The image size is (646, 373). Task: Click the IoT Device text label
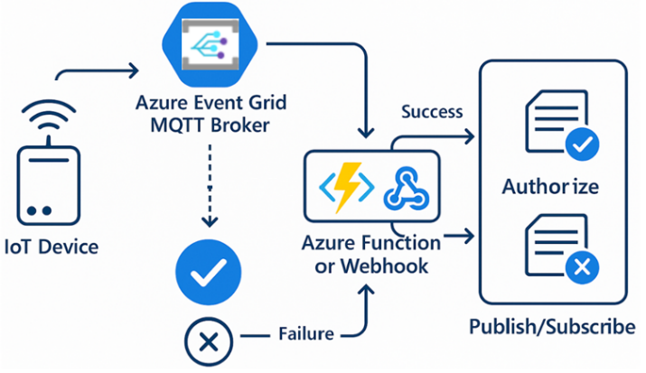[x=51, y=246]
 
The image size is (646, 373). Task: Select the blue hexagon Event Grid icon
[x=209, y=41]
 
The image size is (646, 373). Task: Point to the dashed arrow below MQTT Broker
[x=209, y=190]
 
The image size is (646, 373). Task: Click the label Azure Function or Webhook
[x=372, y=256]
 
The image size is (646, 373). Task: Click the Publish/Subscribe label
[x=552, y=326]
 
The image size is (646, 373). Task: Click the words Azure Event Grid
[x=209, y=101]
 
